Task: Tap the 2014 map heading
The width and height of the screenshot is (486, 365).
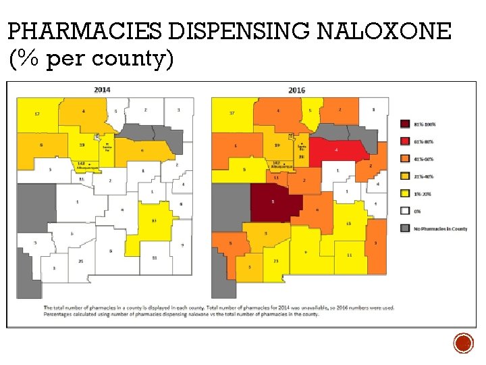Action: (103, 90)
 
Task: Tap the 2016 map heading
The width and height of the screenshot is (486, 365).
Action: (296, 90)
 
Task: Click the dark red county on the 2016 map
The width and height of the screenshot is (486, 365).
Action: (273, 201)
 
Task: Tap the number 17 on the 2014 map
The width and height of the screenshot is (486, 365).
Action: (37, 114)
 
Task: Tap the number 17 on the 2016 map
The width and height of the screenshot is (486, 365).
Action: (232, 113)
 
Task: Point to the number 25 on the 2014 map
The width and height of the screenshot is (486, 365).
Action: (80, 261)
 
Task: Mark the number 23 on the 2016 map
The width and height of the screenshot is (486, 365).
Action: (275, 261)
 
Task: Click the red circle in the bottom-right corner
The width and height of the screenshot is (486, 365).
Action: (463, 344)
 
